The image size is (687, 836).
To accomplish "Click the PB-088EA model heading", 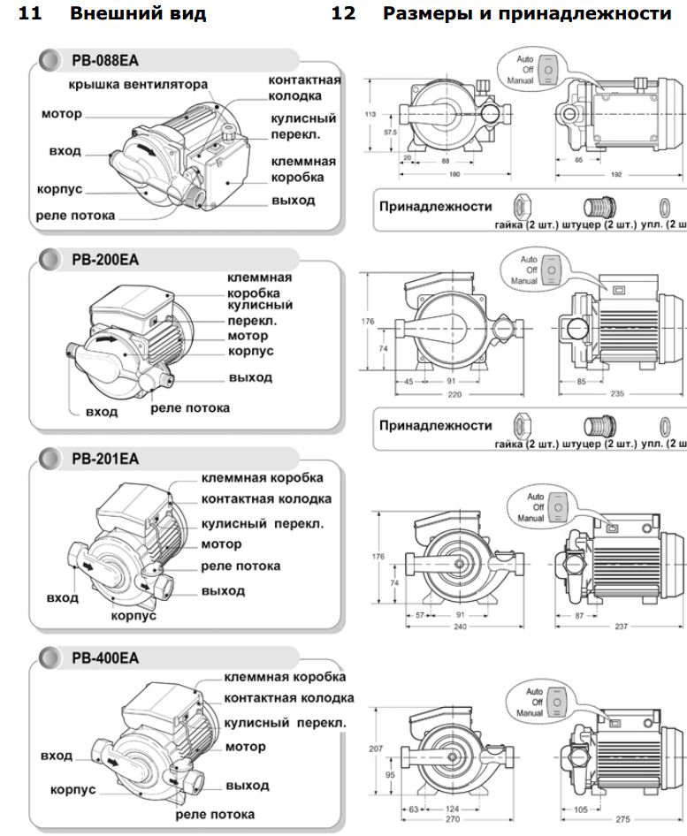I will coord(103,61).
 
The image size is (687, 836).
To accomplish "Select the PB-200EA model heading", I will coord(103,260).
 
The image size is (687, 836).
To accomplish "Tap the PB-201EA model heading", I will coord(103,459).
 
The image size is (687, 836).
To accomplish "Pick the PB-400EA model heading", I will coord(103,658).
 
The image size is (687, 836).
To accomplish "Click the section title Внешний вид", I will coord(137,14).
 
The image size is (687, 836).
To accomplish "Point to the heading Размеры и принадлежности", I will coord(527,14).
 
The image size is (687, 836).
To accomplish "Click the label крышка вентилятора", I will coord(140,85).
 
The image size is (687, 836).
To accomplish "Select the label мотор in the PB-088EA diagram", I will coord(61,114).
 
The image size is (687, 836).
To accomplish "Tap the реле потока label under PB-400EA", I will coord(216,814).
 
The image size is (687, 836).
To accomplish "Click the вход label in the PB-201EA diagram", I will coord(62,597).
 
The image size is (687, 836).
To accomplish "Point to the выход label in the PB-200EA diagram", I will coord(249,377).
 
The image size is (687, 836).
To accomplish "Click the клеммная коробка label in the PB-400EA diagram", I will coord(285,677).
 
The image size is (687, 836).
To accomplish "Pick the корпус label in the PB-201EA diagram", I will coord(134,616).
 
